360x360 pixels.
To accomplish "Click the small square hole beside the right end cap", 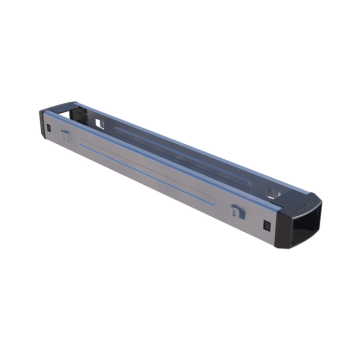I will pyautogui.click(x=267, y=225).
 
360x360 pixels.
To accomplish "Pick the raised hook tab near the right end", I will pyautogui.click(x=236, y=211).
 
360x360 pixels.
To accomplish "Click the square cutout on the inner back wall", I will pyautogui.click(x=101, y=123).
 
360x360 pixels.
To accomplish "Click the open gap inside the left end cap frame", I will pyautogui.click(x=57, y=110).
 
